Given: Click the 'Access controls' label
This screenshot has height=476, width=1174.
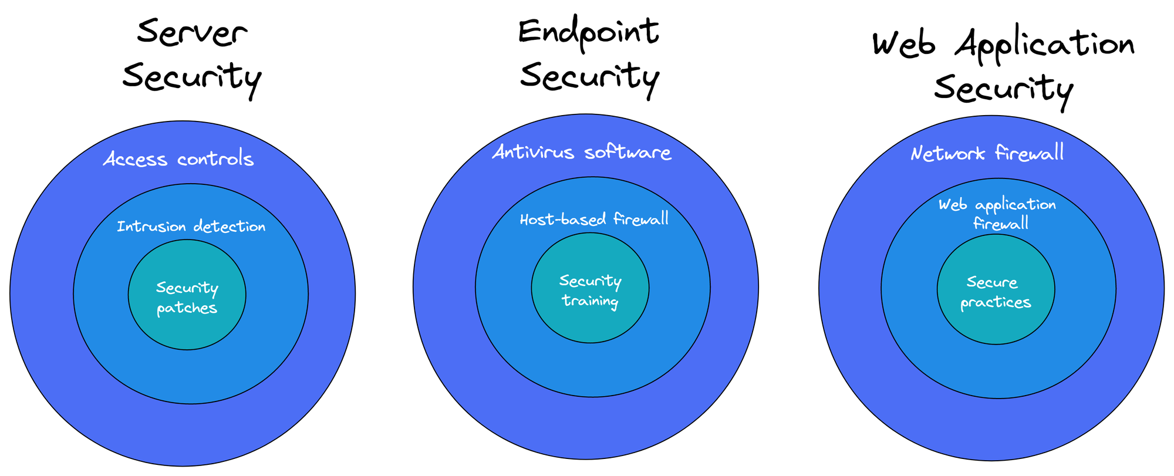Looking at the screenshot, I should pyautogui.click(x=178, y=159).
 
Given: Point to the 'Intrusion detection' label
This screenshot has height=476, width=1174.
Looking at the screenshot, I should pyautogui.click(x=191, y=227).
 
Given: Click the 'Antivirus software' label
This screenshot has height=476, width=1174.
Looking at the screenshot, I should pyautogui.click(x=582, y=153).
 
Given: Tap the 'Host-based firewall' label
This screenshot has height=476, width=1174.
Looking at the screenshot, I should pyautogui.click(x=594, y=220).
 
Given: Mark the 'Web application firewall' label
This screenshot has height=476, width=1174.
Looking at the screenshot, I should pyautogui.click(x=997, y=214).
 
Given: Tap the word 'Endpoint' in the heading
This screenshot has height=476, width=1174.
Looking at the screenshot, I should pyautogui.click(x=589, y=33).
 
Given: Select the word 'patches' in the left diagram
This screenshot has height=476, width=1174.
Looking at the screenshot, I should pyautogui.click(x=187, y=308).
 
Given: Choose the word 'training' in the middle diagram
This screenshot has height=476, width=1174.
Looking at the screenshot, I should pyautogui.click(x=589, y=301).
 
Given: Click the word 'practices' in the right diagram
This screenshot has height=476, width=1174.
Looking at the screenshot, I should pyautogui.click(x=996, y=303).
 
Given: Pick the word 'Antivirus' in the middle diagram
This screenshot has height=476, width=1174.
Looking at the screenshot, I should pyautogui.click(x=533, y=153).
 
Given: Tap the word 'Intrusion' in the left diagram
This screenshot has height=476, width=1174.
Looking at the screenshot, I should pyautogui.click(x=151, y=227).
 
